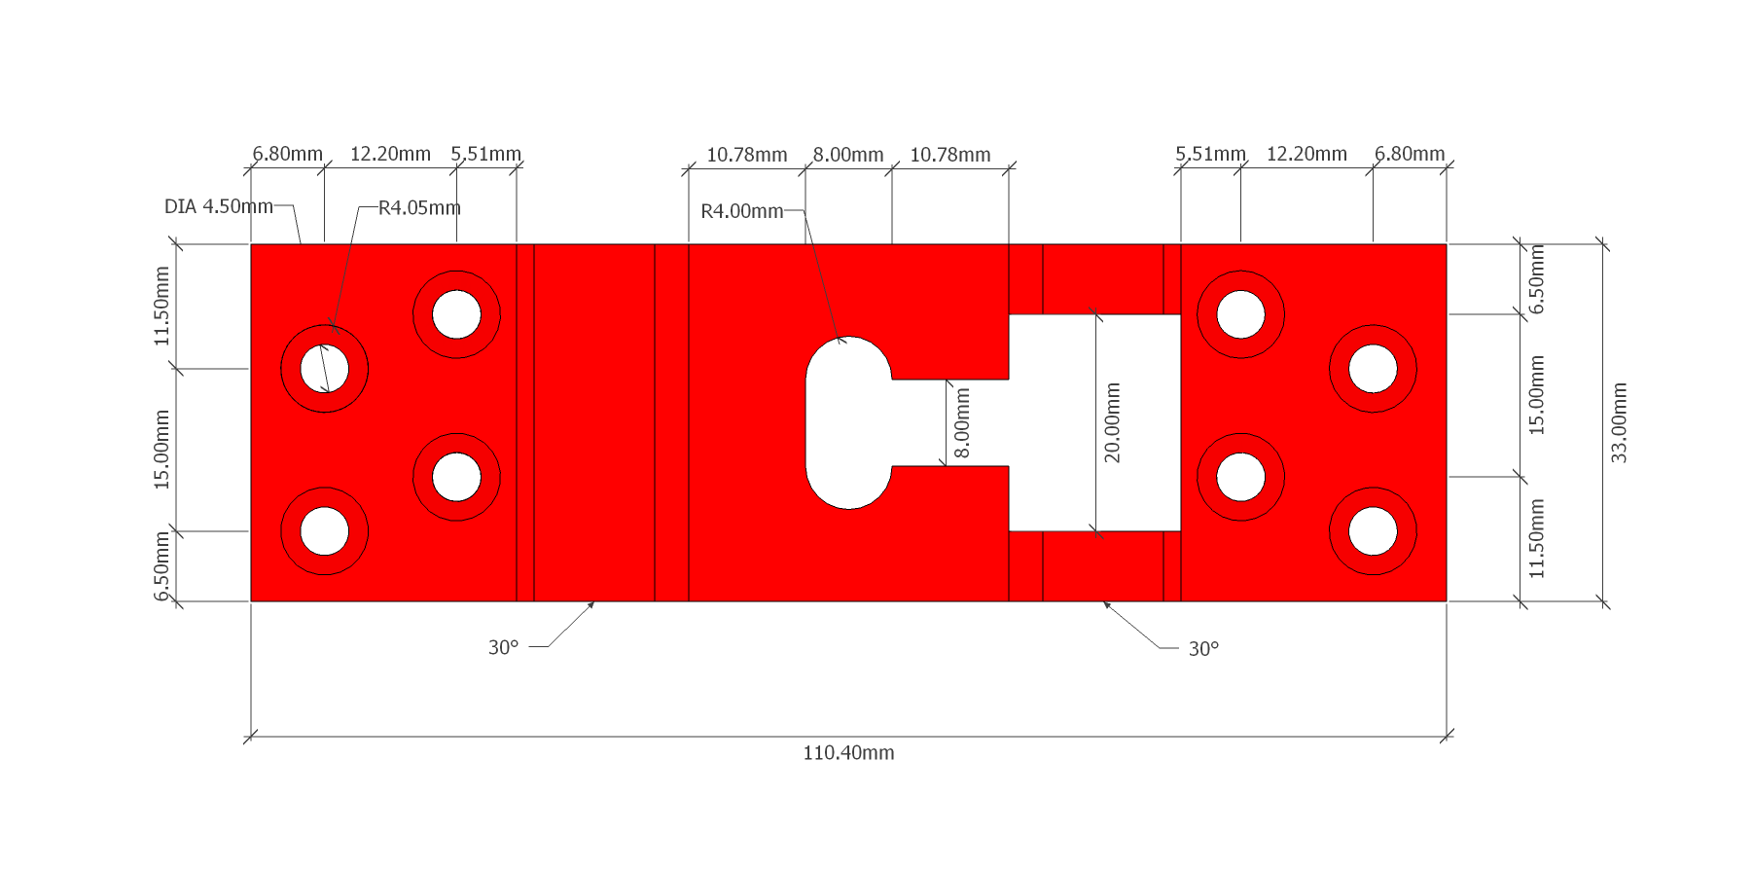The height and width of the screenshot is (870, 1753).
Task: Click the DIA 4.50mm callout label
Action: pos(219,206)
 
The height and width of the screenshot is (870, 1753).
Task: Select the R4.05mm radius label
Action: pos(419,207)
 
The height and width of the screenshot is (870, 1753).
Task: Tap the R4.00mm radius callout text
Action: pos(741,211)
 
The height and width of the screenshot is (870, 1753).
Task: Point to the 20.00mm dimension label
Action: pos(1112,422)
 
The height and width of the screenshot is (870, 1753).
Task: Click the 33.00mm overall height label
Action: pos(1619,422)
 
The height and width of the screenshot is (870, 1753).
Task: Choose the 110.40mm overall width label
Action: pos(848,752)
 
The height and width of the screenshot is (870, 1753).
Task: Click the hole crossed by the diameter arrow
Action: pos(325,369)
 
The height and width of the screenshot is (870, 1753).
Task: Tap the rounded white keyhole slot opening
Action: pos(849,422)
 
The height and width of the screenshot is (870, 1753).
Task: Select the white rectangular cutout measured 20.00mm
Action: pos(1094,422)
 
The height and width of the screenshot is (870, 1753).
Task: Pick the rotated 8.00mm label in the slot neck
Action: pos(962,422)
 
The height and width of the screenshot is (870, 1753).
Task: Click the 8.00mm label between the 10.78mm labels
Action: pos(848,155)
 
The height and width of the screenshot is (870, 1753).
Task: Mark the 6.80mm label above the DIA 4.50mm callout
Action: pos(287,154)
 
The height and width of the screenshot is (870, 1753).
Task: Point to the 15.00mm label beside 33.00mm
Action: pos(1536,395)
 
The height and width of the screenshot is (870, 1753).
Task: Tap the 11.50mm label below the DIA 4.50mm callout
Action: pos(161,306)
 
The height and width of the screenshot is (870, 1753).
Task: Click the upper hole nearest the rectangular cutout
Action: pos(1240,314)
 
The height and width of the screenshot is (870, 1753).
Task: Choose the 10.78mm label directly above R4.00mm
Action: pos(746,155)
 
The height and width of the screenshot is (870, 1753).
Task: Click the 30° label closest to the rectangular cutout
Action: pos(1203,649)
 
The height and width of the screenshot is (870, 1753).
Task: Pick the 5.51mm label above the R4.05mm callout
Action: pos(485,154)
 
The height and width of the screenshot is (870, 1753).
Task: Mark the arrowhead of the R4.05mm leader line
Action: pos(334,328)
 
